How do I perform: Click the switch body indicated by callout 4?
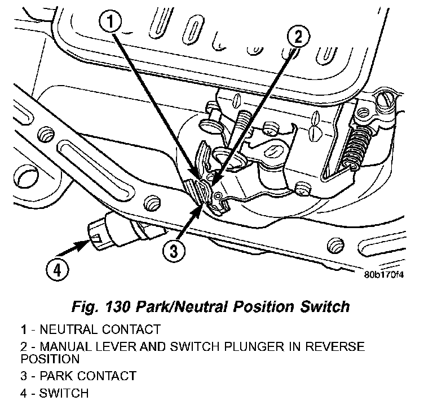point(113,231)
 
